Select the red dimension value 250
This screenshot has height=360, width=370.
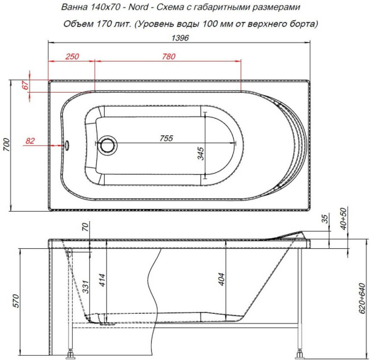pyautogui.click(x=72, y=57)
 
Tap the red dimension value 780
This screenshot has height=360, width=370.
pyautogui.click(x=167, y=57)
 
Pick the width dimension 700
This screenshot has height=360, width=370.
pyautogui.click(x=7, y=146)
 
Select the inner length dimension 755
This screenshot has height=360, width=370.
pyautogui.click(x=166, y=138)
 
